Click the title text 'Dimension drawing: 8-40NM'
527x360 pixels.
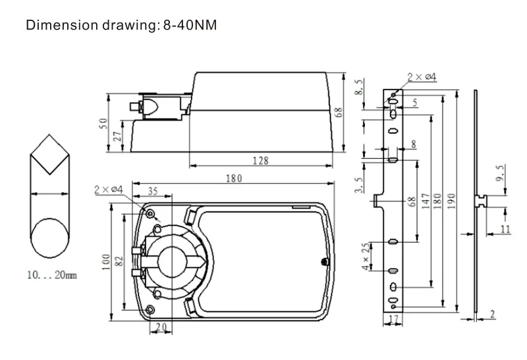[x=121, y=26]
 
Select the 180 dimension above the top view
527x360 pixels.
[x=235, y=178]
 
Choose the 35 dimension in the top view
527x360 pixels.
[x=152, y=192]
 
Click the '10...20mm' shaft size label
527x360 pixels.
[x=53, y=274]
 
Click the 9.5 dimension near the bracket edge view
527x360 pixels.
[x=501, y=176]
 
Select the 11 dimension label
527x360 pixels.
[x=505, y=230]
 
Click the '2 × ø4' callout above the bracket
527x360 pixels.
[x=422, y=78]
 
